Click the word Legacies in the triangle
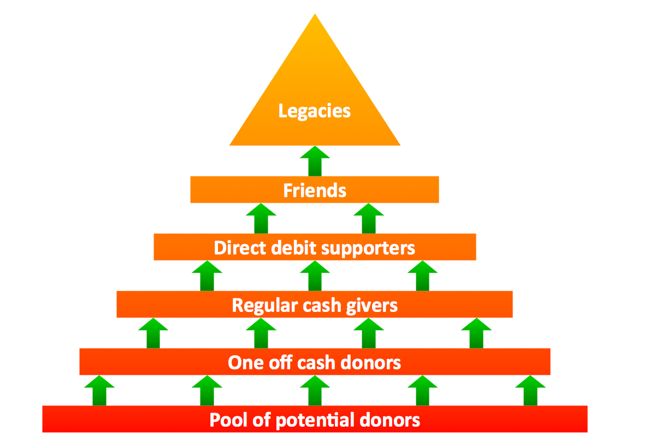[x=315, y=111]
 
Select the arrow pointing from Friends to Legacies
[x=315, y=161]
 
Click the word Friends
[x=315, y=190]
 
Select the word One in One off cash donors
[x=243, y=362]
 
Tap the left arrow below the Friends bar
[x=261, y=218]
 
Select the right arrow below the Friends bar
[x=369, y=218]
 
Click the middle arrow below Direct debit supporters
[x=315, y=275]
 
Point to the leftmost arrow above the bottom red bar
[x=99, y=390]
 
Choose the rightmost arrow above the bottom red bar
[x=530, y=390]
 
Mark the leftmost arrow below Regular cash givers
[x=153, y=333]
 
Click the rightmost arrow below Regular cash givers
[x=476, y=333]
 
